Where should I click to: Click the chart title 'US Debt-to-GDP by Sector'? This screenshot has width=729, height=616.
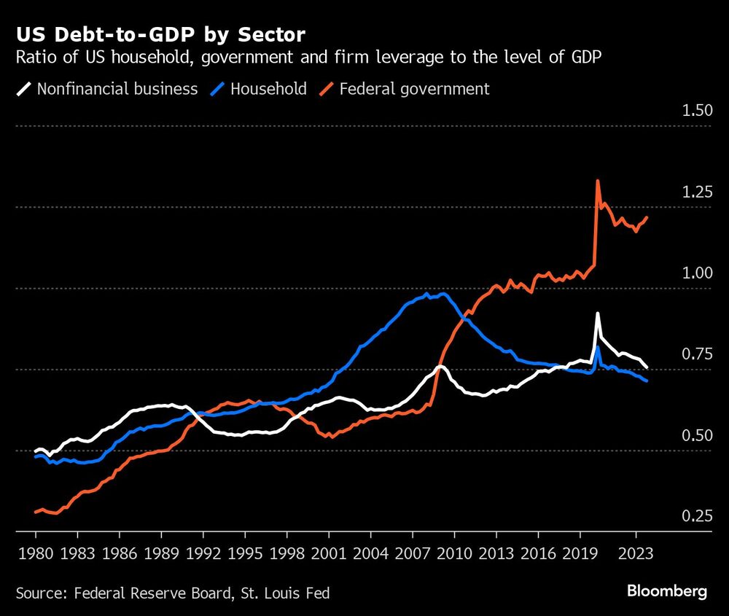tap(160, 35)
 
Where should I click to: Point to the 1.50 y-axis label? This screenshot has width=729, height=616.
tap(695, 111)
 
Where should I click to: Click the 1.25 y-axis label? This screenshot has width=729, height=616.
tap(695, 192)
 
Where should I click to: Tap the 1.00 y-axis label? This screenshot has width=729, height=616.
tap(695, 273)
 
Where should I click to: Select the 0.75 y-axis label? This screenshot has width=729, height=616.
tap(695, 354)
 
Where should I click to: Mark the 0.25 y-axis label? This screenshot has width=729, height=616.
tap(695, 516)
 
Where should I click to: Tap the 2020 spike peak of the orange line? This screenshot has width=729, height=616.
tap(598, 181)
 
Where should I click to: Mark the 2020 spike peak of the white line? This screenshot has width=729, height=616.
tap(598, 314)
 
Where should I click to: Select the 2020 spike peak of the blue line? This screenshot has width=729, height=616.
tap(598, 347)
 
